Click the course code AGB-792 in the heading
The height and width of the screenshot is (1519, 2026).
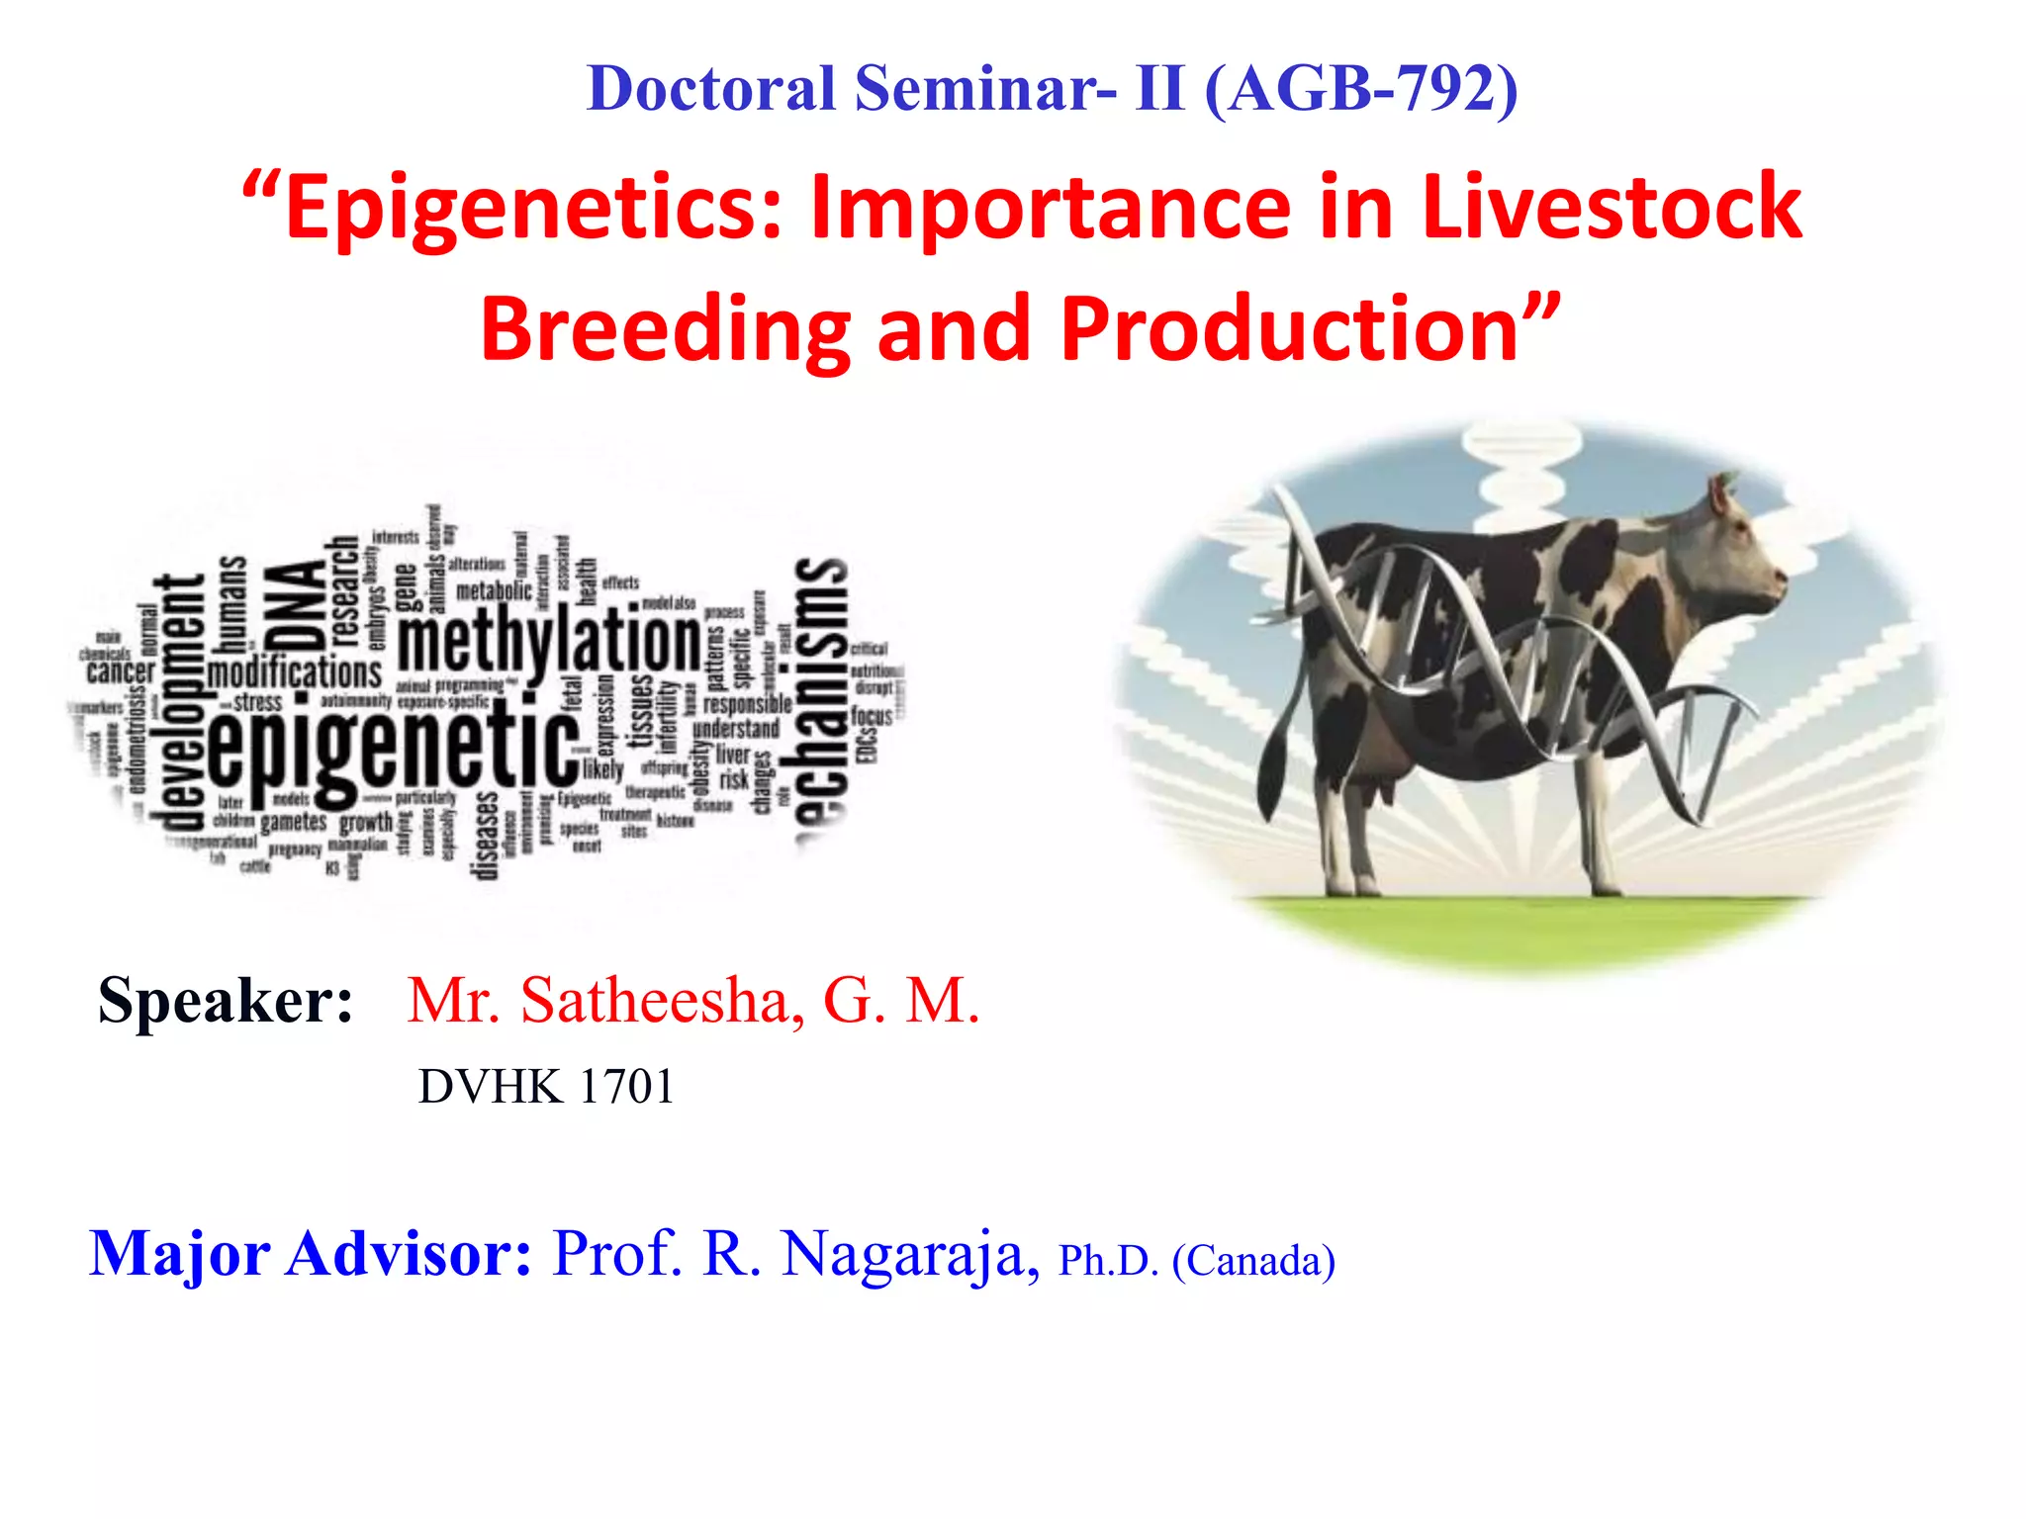pyautogui.click(x=1361, y=89)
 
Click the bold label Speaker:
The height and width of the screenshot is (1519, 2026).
pyautogui.click(x=226, y=1001)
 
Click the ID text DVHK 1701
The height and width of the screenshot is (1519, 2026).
pyautogui.click(x=546, y=1087)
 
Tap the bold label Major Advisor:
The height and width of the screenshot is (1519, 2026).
pyautogui.click(x=311, y=1254)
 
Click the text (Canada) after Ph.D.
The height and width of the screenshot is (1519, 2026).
pyautogui.click(x=1253, y=1262)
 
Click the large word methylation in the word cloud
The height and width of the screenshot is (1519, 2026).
pyautogui.click(x=549, y=643)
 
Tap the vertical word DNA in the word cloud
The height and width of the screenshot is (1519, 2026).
pyautogui.click(x=297, y=605)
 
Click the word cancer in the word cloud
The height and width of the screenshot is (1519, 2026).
pyautogui.click(x=121, y=672)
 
